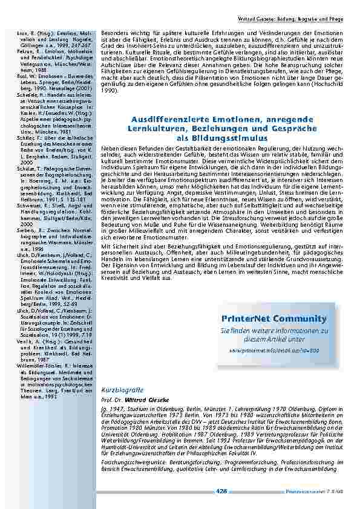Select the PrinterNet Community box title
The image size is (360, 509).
click(274, 319)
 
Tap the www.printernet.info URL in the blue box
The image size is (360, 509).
click(274, 350)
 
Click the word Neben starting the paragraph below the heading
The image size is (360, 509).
click(110, 148)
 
